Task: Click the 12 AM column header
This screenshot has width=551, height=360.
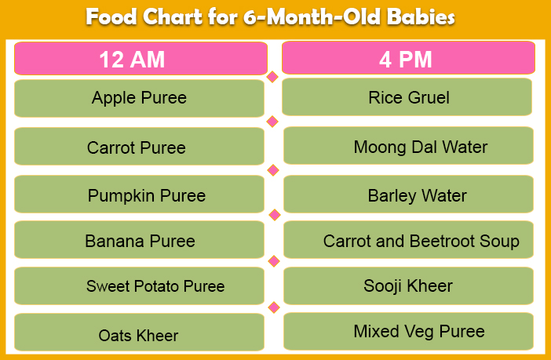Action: point(140,58)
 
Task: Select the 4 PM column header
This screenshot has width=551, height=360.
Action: point(408,57)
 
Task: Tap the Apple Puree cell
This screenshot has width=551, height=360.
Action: point(139,98)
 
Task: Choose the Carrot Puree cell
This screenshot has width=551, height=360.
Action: point(139,147)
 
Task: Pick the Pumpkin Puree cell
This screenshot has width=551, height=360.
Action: point(139,195)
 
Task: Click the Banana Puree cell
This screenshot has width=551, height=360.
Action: point(139,240)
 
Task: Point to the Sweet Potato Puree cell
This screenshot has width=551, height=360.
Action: point(139,286)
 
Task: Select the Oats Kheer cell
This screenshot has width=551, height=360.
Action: point(139,333)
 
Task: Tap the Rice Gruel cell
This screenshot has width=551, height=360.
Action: point(407,97)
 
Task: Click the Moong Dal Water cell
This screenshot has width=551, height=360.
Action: point(408,146)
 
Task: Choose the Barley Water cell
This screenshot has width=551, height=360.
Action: point(408,195)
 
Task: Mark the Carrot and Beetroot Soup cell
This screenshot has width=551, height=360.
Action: point(408,240)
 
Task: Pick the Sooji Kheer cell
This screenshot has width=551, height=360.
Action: point(408,286)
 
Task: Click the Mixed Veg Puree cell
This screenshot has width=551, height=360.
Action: point(408,332)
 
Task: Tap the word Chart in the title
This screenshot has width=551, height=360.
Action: point(173,16)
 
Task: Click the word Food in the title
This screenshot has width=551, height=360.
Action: point(111,16)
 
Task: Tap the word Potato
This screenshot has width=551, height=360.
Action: point(158,286)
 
